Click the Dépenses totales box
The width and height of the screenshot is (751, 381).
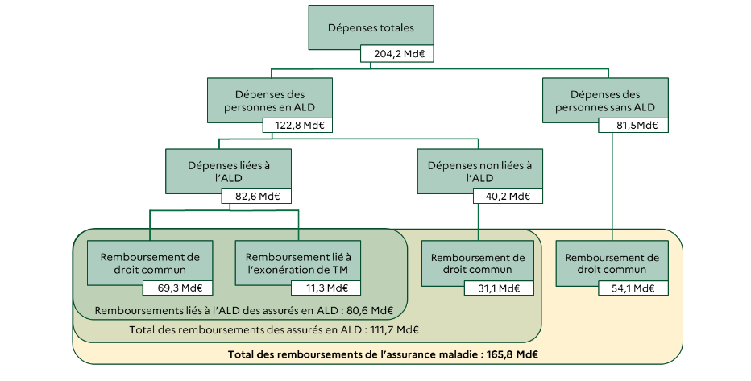(371, 28)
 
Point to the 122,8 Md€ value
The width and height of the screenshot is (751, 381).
(298, 126)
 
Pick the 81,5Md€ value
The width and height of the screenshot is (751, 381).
(633, 126)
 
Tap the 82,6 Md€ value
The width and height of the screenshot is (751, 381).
(256, 197)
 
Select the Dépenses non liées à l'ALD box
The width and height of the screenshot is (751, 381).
(479, 171)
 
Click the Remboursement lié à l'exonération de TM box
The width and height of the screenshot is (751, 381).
(298, 262)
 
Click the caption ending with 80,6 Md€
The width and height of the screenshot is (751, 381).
(243, 310)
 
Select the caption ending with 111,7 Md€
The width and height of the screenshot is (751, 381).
(274, 329)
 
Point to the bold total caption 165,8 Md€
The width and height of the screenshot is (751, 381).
(383, 354)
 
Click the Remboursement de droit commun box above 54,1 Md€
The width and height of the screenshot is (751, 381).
(612, 262)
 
